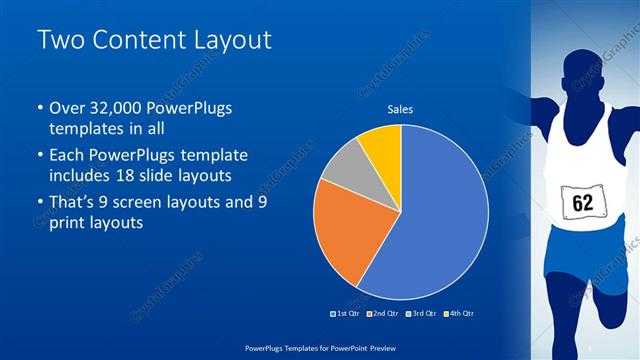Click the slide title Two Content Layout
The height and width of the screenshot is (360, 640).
coord(154,39)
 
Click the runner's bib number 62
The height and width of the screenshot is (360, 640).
coord(582,203)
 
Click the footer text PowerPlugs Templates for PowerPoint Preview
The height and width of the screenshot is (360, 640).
coord(319,347)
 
